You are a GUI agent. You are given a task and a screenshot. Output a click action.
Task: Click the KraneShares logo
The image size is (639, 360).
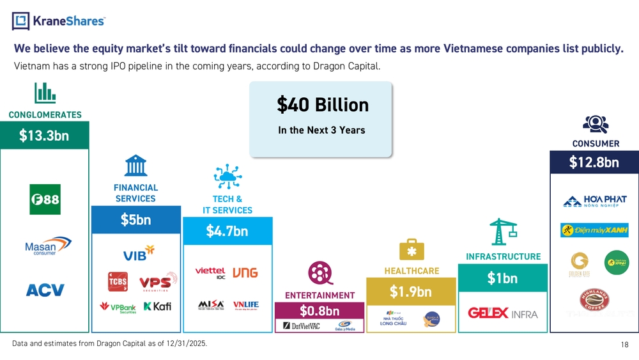click(x=58, y=21)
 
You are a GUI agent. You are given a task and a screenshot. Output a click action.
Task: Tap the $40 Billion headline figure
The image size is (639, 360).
click(x=323, y=104)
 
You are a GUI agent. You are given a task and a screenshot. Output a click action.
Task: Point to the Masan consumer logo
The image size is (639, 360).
click(x=47, y=247)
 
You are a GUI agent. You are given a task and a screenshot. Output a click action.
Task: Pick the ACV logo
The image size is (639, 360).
click(x=45, y=290)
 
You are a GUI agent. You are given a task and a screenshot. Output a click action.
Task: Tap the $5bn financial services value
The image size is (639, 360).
click(x=135, y=219)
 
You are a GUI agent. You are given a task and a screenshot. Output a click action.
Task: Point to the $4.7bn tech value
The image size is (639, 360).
click(x=227, y=231)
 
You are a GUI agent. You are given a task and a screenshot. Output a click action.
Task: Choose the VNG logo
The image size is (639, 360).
click(x=245, y=272)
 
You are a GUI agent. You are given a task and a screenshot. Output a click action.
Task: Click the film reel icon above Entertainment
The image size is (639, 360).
click(x=319, y=274)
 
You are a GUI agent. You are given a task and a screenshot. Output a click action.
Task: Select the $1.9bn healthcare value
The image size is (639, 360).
click(x=410, y=292)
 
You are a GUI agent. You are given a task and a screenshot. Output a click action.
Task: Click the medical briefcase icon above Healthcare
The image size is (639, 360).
click(x=411, y=251)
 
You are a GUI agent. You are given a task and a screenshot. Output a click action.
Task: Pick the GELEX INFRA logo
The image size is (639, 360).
click(x=503, y=313)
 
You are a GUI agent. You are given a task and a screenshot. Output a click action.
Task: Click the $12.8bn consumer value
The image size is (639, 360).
click(x=594, y=162)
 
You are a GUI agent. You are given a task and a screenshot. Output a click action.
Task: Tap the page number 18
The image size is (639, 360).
click(x=624, y=345)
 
